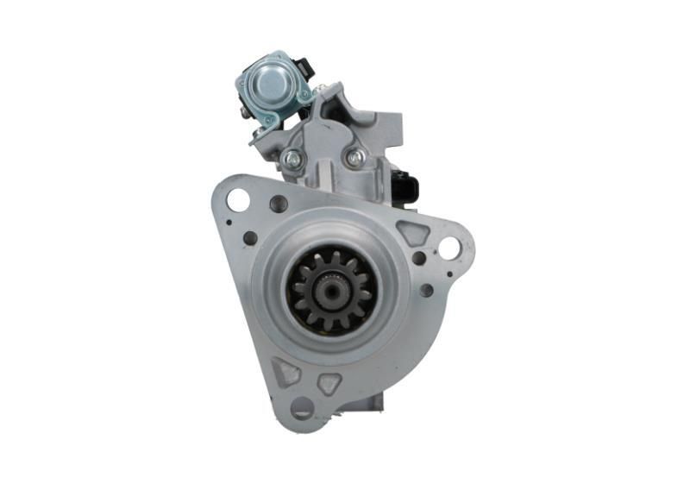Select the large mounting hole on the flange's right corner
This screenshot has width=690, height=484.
point(449,248)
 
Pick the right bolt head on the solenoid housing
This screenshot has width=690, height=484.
point(354,157)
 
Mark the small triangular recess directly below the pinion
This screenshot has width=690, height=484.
point(329,383)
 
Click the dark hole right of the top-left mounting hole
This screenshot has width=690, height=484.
point(279,204)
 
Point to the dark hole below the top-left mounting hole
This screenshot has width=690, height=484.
point(250,238)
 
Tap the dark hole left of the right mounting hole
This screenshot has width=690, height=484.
point(419,258)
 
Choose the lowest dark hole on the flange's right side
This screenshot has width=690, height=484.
point(426,290)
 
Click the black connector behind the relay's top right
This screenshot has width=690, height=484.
point(303,66)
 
